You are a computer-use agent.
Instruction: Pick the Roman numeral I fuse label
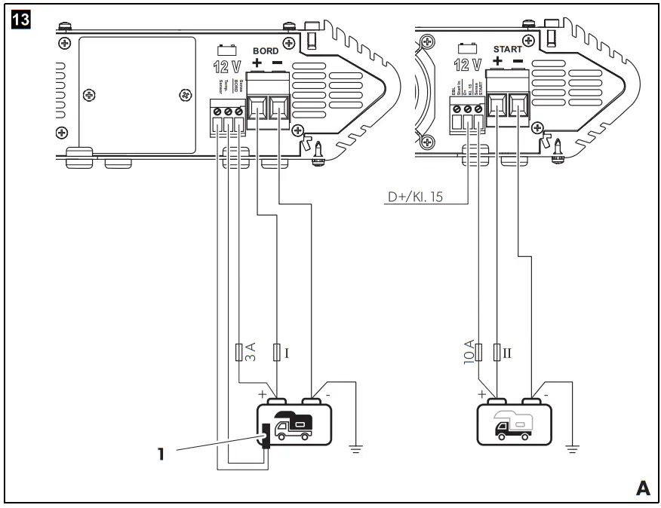(x=286, y=351)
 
